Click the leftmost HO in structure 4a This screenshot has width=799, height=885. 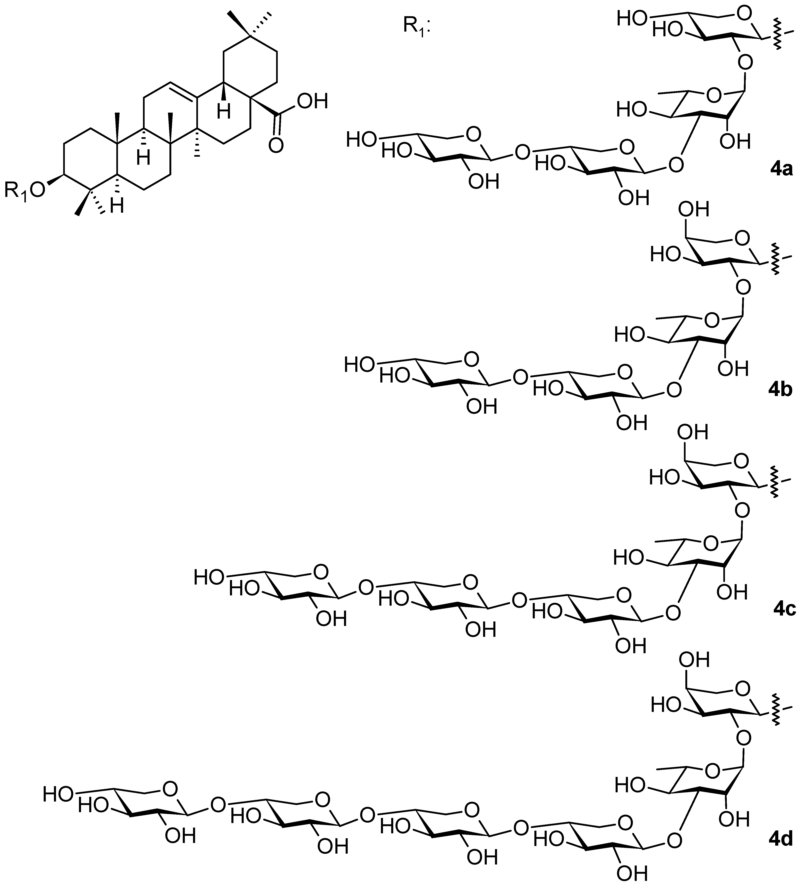coord(361,140)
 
